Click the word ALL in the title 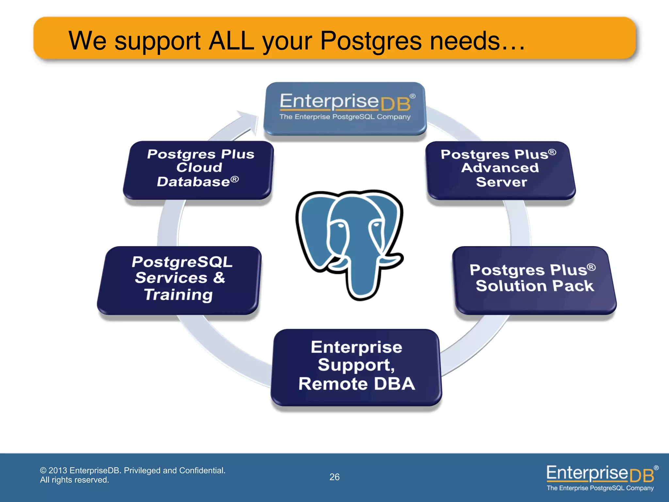[231, 41]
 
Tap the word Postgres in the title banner [371, 41]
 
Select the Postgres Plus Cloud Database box [198, 170]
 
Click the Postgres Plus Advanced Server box [500, 170]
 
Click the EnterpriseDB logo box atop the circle [345, 108]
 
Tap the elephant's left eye [340, 226]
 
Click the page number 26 [334, 477]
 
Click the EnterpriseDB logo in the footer [600, 477]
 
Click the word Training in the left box [179, 295]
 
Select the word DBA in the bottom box [394, 384]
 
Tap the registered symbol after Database [235, 179]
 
